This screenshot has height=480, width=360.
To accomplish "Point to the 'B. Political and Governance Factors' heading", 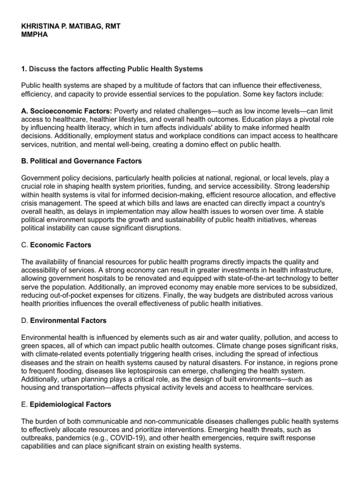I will [82, 161].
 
